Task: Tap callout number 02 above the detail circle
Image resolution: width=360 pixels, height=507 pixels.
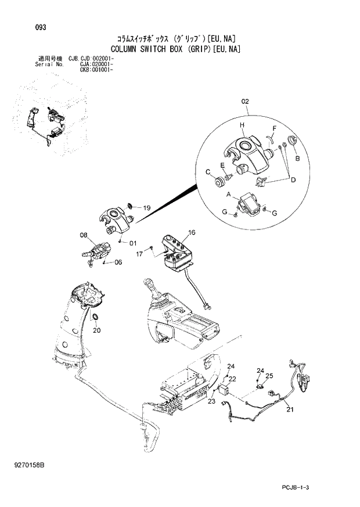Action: [x=245, y=102]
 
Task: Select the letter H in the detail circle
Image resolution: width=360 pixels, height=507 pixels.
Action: [x=242, y=125]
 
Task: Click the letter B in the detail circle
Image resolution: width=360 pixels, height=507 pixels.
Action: [x=297, y=158]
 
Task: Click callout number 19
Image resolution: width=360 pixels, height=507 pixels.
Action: [x=146, y=208]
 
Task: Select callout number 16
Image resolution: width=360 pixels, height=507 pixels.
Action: [x=192, y=233]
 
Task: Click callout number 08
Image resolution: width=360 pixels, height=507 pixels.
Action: [x=84, y=235]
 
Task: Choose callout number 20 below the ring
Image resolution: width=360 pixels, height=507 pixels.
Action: [x=96, y=330]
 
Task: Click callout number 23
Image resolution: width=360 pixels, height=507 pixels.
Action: [x=211, y=401]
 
